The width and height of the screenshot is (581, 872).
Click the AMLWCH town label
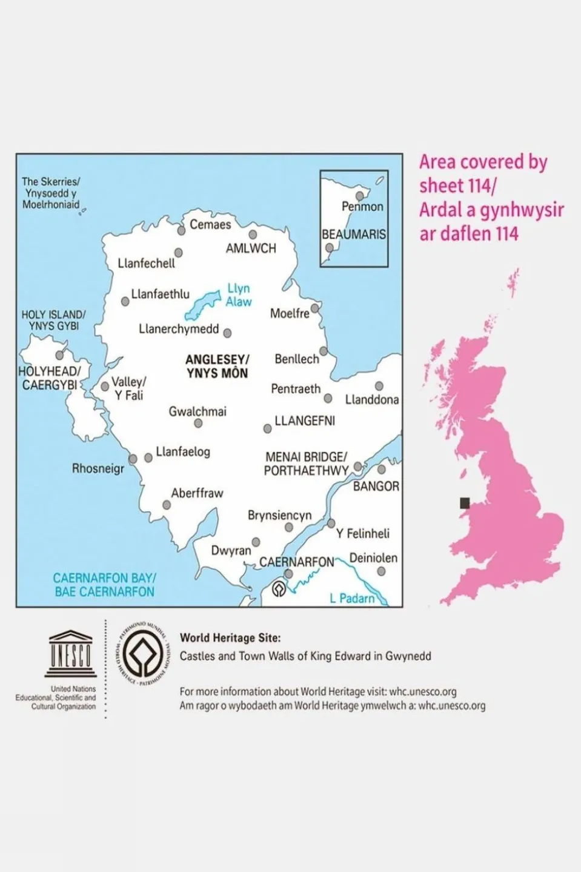[251, 248]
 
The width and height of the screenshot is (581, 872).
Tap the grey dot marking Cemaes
[181, 231]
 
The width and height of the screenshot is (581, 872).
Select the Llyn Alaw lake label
[239, 295]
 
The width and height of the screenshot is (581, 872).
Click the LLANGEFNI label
[305, 421]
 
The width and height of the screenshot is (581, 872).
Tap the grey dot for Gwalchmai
[198, 424]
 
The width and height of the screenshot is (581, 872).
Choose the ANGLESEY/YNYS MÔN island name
[217, 366]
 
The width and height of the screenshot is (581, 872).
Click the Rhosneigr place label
[98, 468]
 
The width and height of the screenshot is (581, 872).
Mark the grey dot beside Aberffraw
[167, 505]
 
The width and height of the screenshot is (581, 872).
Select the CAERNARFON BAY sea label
[104, 585]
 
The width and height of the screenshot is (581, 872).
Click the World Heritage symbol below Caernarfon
[279, 588]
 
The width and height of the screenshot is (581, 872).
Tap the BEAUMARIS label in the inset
[354, 234]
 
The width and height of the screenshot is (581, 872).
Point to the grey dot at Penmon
[360, 196]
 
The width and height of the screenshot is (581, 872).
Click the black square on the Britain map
[465, 502]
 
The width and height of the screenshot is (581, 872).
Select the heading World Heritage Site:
[230, 637]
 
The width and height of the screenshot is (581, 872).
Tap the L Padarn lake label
[352, 598]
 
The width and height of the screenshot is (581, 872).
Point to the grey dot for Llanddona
[379, 386]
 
